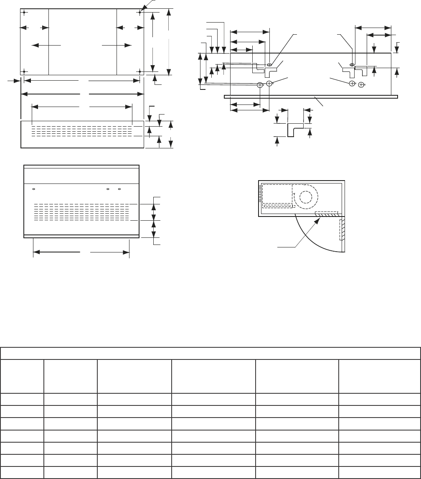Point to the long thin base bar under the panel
[311, 97]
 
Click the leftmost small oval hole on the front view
[34, 189]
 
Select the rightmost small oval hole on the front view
[119, 189]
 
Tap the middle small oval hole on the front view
[108, 189]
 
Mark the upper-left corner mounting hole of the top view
[25, 12]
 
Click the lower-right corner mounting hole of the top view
[139, 71]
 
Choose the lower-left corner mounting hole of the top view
[25, 71]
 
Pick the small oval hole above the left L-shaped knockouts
[269, 65]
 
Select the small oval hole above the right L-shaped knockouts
[352, 65]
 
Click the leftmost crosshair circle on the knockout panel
[260, 85]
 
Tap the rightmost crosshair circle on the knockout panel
[361, 85]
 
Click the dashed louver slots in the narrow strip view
[82, 130]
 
